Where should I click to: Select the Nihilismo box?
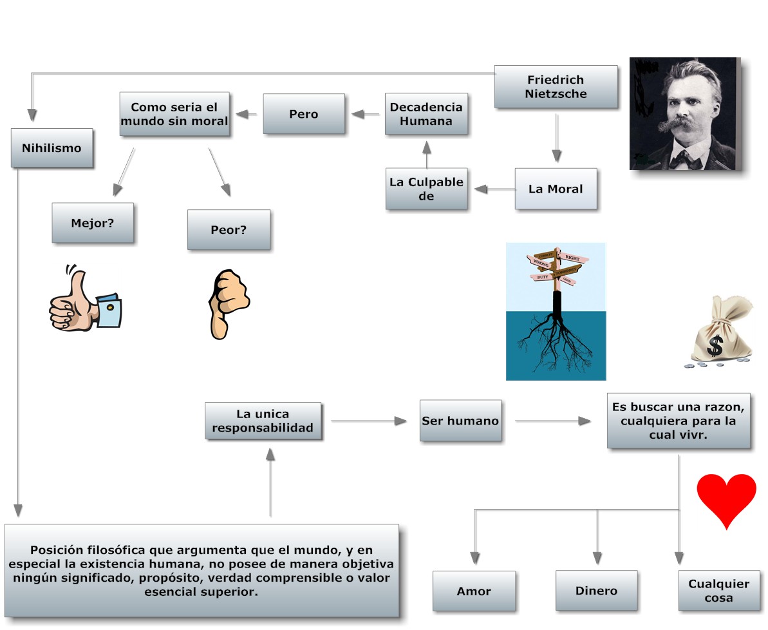click(52, 148)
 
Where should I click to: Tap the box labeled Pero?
click(303, 114)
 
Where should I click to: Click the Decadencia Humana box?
click(426, 114)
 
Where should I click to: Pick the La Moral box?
click(556, 189)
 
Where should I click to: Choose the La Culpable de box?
click(426, 189)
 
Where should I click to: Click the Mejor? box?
click(93, 223)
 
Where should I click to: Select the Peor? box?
click(229, 229)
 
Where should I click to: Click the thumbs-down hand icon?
click(227, 302)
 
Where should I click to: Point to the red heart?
click(726, 498)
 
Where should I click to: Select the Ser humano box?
click(460, 421)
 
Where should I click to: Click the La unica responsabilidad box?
click(263, 421)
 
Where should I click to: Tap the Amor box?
click(474, 591)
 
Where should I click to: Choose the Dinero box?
click(596, 590)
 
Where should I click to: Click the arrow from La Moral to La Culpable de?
click(494, 189)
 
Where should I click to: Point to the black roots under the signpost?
click(556, 341)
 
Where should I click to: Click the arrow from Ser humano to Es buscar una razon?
click(554, 421)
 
